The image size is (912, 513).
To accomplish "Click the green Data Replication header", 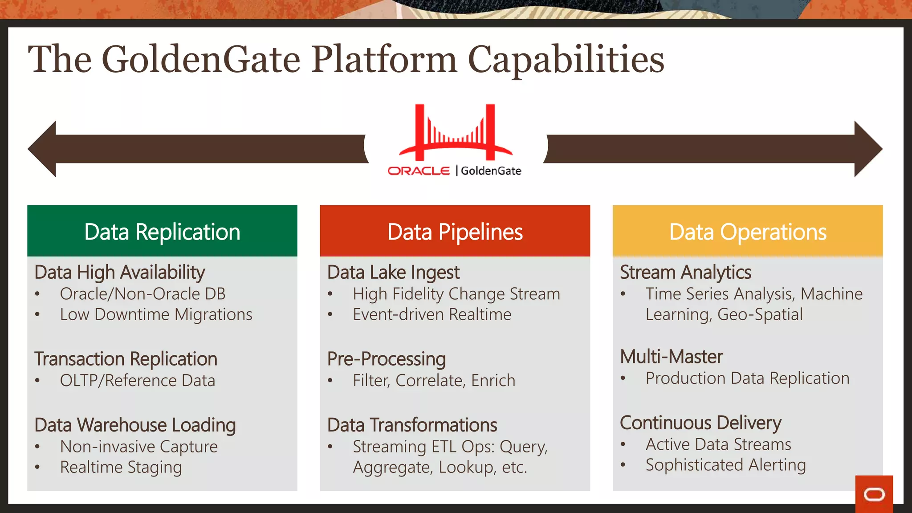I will tap(162, 231).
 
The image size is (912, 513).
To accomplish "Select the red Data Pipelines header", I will tap(455, 231).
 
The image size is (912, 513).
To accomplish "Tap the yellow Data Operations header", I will tap(748, 231).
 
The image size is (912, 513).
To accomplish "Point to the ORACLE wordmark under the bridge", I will tap(419, 171).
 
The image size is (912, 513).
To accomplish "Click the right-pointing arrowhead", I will tap(867, 149).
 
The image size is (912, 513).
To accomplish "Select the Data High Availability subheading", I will tap(119, 272).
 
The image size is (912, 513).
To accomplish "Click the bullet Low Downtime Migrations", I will tap(156, 314).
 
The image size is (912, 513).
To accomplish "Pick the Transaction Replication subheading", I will tap(126, 359).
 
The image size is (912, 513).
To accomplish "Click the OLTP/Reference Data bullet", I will tap(137, 381).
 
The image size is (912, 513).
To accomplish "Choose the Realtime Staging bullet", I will tap(121, 467).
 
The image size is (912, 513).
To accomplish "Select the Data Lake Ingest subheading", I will tap(393, 272).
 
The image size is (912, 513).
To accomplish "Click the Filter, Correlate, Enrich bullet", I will tap(434, 381).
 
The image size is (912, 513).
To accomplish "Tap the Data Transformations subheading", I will tap(412, 425).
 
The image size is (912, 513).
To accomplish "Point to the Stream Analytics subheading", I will tap(685, 272).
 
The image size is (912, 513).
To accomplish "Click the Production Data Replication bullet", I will tap(747, 379).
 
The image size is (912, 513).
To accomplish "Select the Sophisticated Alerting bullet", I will tap(725, 465).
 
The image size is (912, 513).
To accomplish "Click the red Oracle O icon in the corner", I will tap(874, 494).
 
